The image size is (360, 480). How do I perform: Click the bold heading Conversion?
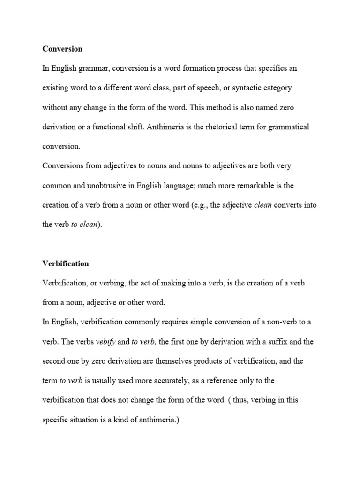pyautogui.click(x=62, y=49)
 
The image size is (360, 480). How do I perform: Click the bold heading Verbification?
pyautogui.click(x=65, y=263)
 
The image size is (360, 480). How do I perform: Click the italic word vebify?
pyautogui.click(x=105, y=342)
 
